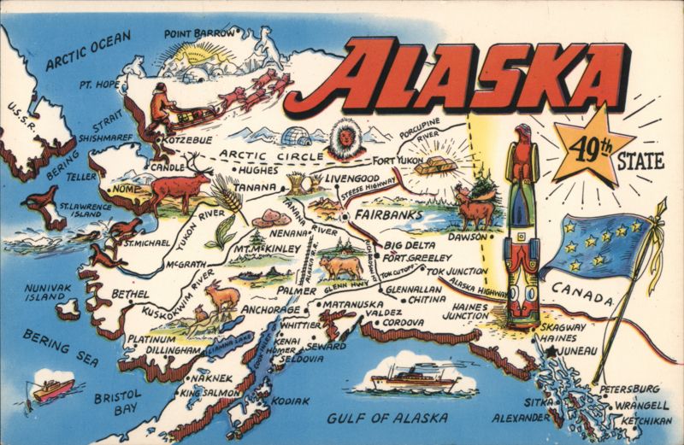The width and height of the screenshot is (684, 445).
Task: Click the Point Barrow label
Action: coord(198,32)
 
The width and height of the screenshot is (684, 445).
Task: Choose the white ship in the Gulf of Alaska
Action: coord(414,377)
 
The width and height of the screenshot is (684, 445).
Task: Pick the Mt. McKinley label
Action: coord(266,249)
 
